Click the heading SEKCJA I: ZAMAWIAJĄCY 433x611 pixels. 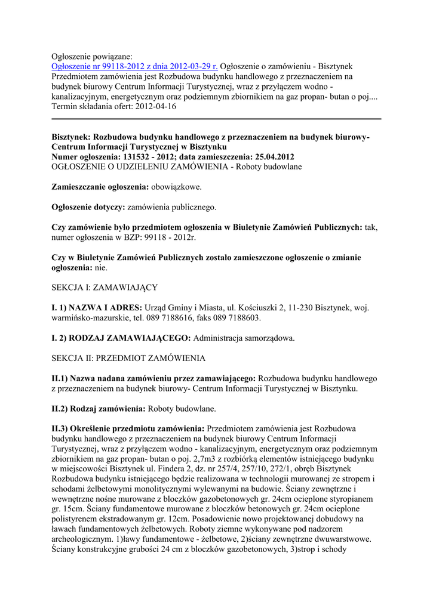pos(105,287)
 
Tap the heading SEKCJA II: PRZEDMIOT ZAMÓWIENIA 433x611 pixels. pos(128,358)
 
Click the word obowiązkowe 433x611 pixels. pos(176,187)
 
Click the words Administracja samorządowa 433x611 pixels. pos(244,338)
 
